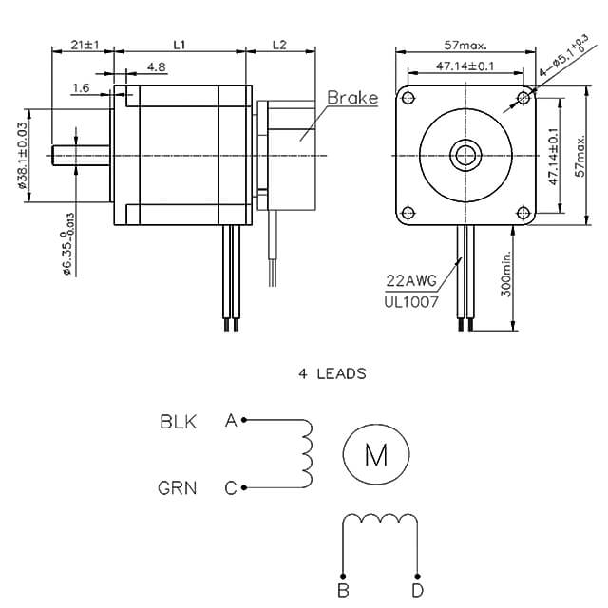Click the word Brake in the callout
(x=352, y=98)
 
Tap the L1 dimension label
(x=179, y=45)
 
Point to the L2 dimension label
(x=279, y=45)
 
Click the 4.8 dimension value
(x=157, y=67)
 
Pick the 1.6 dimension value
(x=81, y=87)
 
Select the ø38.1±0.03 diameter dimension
(x=22, y=157)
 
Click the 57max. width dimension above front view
(x=465, y=45)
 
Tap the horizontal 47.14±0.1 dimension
(x=465, y=66)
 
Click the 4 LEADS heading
(x=332, y=374)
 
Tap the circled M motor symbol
(x=376, y=456)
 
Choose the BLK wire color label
(x=178, y=421)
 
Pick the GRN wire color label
(x=178, y=488)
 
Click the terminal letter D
(x=418, y=591)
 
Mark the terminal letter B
(x=343, y=591)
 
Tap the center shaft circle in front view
(x=465, y=155)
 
